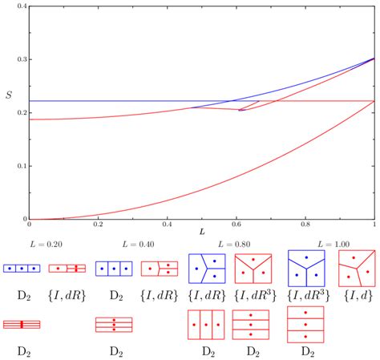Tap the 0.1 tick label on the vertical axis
click(x=19, y=166)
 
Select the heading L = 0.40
click(x=138, y=243)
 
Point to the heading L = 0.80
click(x=232, y=243)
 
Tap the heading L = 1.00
click(x=330, y=243)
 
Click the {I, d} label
click(x=356, y=296)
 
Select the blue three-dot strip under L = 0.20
click(x=21, y=268)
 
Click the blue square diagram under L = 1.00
click(x=305, y=268)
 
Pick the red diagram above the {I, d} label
click(x=356, y=268)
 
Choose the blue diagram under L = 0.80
click(x=206, y=268)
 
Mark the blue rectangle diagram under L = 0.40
click(x=113, y=268)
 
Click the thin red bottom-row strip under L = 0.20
click(x=21, y=325)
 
